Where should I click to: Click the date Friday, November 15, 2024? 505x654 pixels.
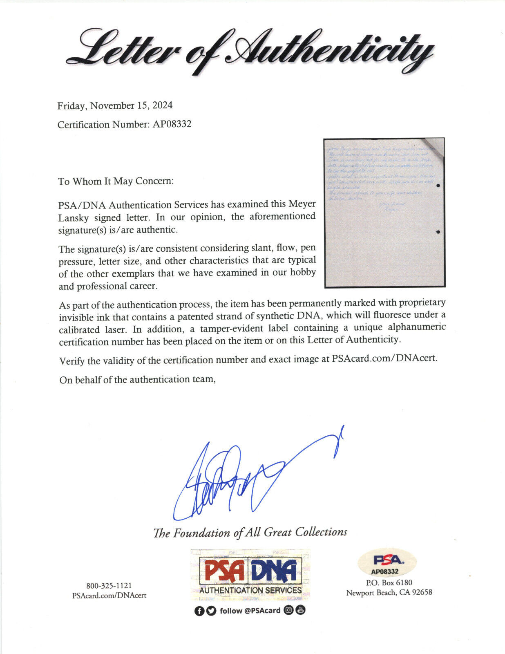tap(115, 106)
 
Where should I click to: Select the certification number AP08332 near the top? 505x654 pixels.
tap(172, 124)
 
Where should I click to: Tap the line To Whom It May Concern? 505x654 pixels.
tap(116, 181)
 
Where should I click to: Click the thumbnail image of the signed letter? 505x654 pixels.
tap(384, 213)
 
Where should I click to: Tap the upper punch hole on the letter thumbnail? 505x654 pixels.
tap(438, 186)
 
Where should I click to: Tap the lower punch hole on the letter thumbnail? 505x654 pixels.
tap(438, 232)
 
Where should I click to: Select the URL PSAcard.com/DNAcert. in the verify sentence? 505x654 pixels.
tap(384, 358)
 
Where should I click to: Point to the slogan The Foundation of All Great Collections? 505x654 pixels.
tap(250, 533)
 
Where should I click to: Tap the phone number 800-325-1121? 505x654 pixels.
tap(109, 586)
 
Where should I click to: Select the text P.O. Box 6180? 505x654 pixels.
tap(389, 582)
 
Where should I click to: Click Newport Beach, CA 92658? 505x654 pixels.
tap(389, 593)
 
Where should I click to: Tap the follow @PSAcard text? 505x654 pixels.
tap(250, 611)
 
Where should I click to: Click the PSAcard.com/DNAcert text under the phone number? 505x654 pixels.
tap(109, 596)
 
